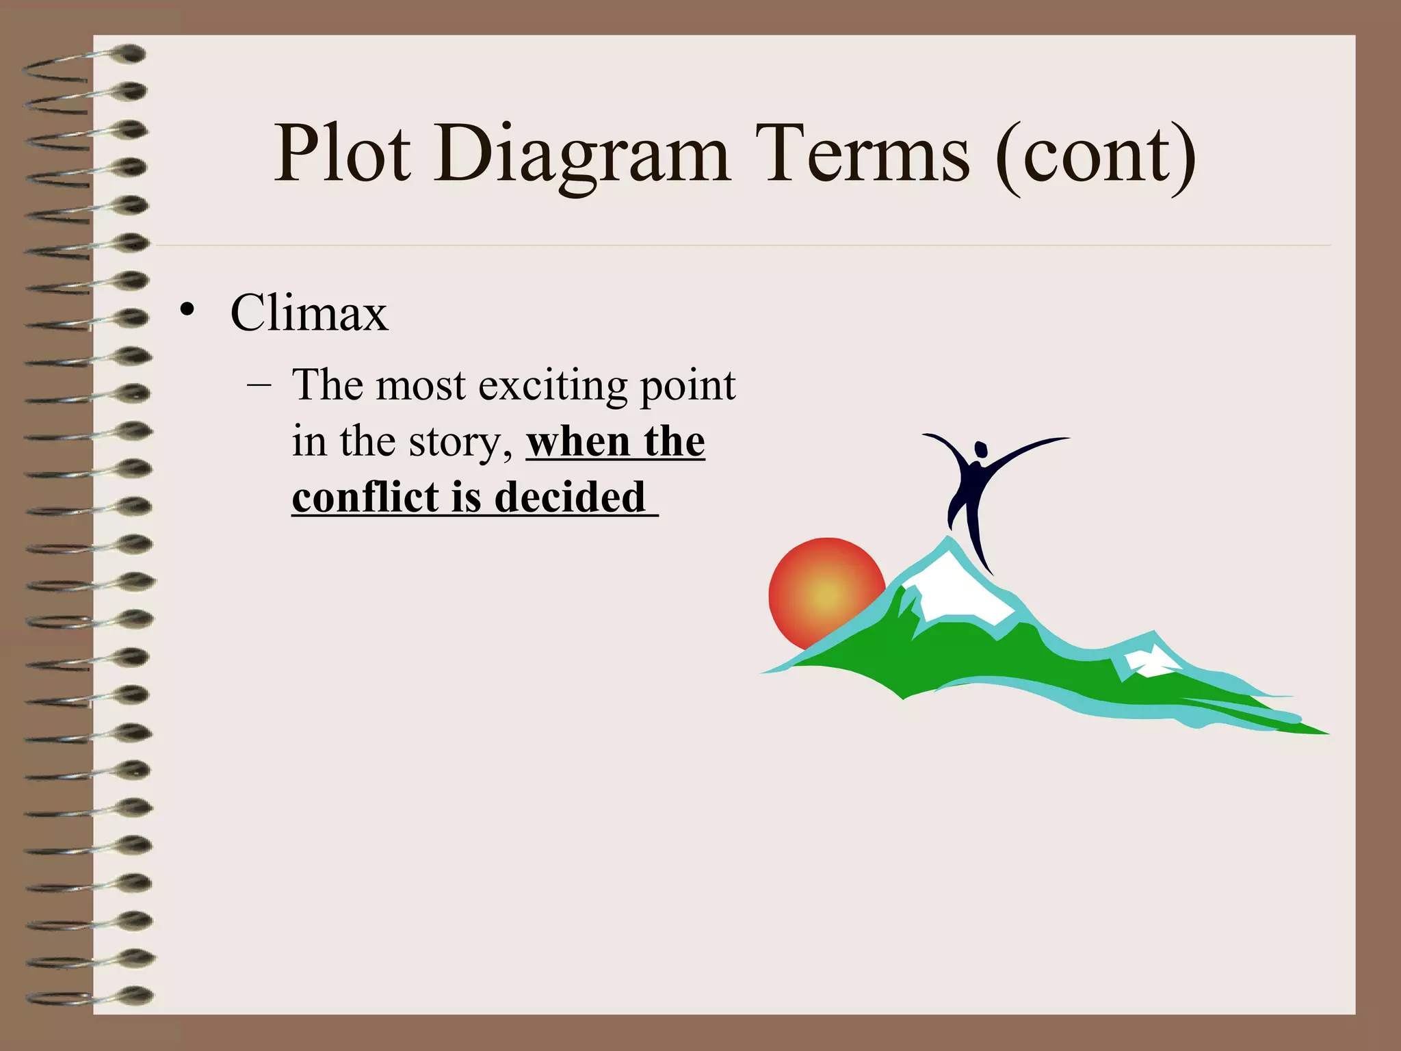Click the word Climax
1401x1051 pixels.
pyautogui.click(x=309, y=313)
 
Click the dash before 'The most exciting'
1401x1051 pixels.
pyautogui.click(x=259, y=385)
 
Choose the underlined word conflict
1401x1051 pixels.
pyautogui.click(x=365, y=497)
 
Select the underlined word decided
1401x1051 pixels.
pyautogui.click(x=569, y=497)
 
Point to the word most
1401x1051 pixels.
pyautogui.click(x=420, y=385)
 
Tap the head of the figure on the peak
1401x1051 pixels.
pyautogui.click(x=981, y=450)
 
